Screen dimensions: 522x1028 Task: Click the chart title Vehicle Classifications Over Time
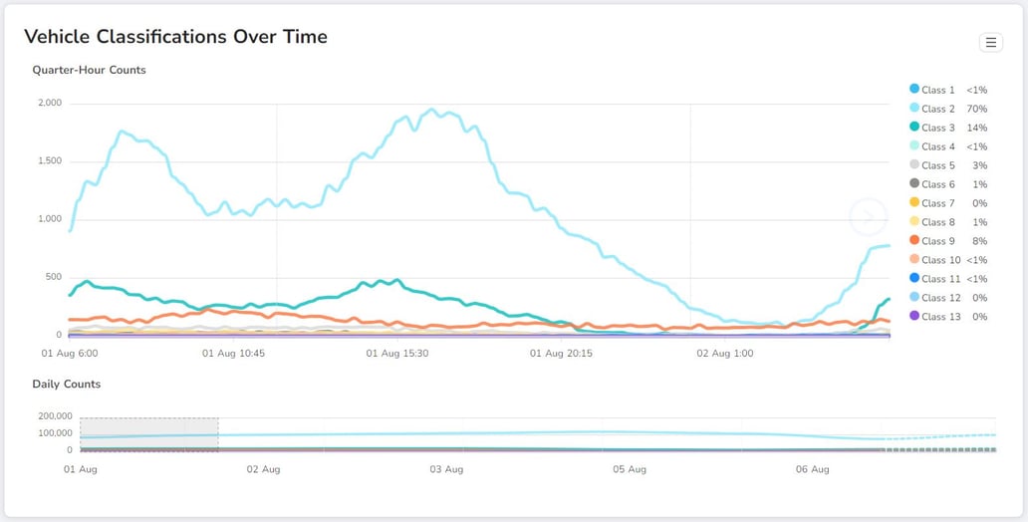175,37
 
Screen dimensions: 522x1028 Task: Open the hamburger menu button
990,42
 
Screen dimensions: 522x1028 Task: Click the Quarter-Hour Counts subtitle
89,70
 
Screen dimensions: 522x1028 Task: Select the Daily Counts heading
66,384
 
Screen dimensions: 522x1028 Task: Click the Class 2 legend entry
937,109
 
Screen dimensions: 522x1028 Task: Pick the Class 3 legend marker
914,128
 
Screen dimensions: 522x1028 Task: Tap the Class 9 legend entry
937,241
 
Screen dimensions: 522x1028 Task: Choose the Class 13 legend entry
940,317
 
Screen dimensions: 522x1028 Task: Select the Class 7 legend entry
937,203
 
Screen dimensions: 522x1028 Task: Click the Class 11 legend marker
914,279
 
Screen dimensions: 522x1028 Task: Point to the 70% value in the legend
976,109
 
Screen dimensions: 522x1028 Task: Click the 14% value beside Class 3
976,128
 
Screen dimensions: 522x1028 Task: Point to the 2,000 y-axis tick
49,103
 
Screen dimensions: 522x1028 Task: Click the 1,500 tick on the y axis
49,161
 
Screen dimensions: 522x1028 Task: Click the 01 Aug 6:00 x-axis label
70,353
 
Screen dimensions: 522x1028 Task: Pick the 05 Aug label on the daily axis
630,469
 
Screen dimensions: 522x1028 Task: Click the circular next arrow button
868,216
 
